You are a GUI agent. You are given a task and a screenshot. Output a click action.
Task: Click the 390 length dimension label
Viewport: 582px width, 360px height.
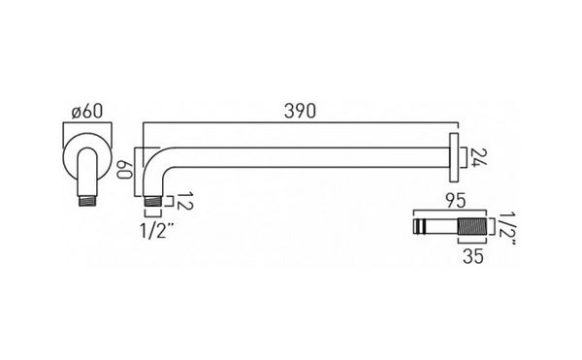(x=300, y=112)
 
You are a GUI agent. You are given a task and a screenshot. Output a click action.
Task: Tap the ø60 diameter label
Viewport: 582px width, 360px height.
(x=87, y=112)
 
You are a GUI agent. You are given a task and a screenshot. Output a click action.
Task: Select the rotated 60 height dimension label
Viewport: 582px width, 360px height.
(x=124, y=169)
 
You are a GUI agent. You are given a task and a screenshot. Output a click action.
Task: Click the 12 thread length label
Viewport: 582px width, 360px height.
(x=184, y=201)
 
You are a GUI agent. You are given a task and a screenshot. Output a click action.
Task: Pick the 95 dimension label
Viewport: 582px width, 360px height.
(x=456, y=201)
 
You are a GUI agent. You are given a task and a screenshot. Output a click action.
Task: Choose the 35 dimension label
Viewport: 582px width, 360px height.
(x=473, y=256)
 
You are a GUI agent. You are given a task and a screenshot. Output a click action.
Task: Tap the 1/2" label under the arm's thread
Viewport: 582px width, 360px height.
(x=157, y=232)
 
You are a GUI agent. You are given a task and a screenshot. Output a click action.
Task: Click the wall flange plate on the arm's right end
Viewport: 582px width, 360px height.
(x=454, y=158)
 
